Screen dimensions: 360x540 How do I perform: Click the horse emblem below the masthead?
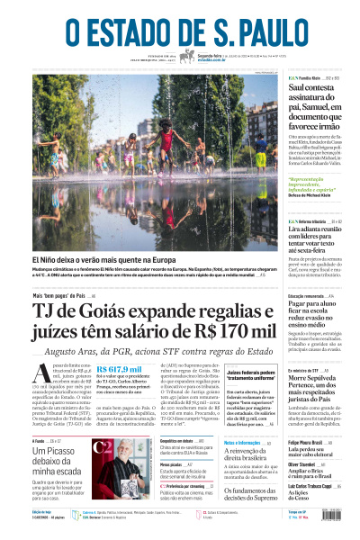[187, 57]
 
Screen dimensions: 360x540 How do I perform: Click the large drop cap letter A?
[39, 380]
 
